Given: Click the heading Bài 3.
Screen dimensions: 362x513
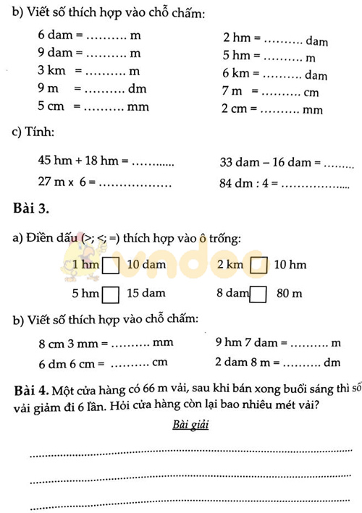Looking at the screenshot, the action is tap(31, 210).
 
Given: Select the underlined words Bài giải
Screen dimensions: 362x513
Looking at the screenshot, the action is tap(190, 425).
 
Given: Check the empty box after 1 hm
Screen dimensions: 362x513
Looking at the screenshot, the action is tap(111, 266).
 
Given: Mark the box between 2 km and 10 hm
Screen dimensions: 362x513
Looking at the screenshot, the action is tap(258, 266).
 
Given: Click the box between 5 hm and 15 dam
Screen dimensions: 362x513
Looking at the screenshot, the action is tap(111, 294).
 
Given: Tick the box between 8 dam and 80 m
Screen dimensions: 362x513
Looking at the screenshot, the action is tap(258, 294).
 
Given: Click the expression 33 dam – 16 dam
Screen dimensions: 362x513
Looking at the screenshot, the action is tap(264, 164).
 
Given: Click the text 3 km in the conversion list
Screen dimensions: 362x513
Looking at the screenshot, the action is tap(52, 71).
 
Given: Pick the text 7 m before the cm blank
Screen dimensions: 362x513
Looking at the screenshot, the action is tap(234, 93).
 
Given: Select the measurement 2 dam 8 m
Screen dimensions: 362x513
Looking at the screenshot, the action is tap(245, 363).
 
